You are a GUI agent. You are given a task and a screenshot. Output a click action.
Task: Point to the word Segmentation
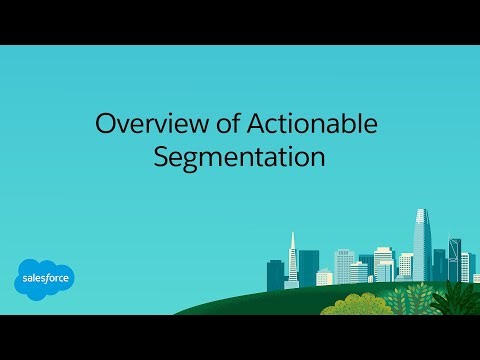pyautogui.click(x=240, y=157)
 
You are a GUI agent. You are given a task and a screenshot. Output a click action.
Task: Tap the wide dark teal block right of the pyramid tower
pyautogui.click(x=309, y=266)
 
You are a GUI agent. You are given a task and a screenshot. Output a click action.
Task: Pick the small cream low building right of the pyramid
pyautogui.click(x=325, y=277)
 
